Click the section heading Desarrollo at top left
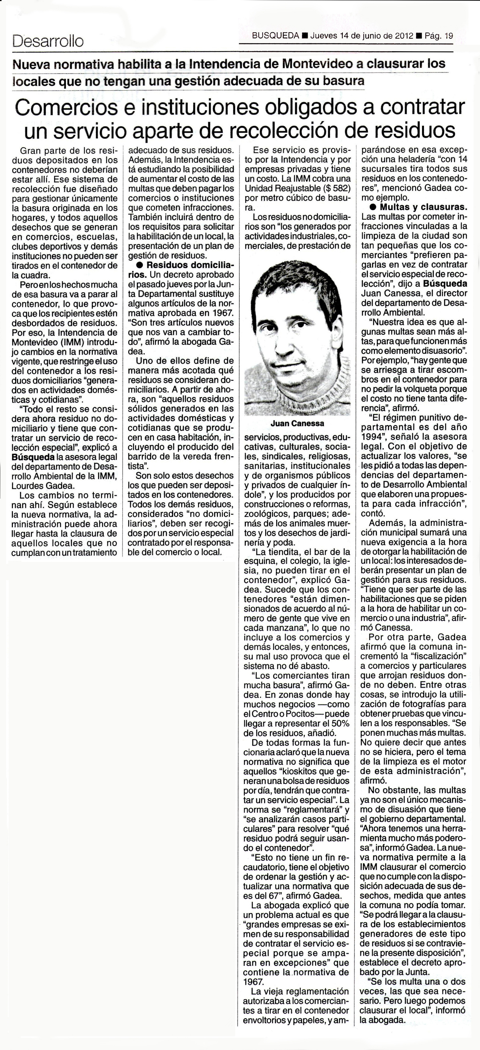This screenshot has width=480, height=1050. (48, 41)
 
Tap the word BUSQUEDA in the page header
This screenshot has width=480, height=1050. (276, 36)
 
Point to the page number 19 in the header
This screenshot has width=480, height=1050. (448, 36)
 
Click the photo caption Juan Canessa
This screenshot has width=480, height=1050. (297, 424)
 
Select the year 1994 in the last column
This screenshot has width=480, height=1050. (371, 436)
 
